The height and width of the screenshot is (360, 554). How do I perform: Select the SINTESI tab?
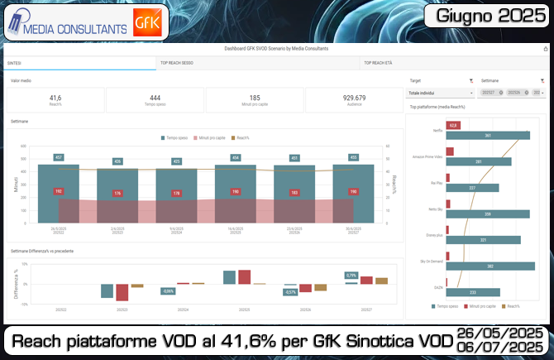(15, 63)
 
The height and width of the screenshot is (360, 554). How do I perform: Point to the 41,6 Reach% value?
(55, 98)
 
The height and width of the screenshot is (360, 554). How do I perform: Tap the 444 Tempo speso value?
(155, 98)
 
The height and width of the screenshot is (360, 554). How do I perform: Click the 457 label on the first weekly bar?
(59, 157)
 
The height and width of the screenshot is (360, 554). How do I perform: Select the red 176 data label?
(117, 194)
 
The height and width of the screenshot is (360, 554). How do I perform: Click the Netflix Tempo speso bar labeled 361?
(488, 135)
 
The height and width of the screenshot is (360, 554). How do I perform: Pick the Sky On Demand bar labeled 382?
(490, 266)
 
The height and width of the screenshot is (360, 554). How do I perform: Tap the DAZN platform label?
(437, 287)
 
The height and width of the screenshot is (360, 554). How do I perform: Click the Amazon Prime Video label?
(430, 156)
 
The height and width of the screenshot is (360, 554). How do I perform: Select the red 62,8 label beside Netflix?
(453, 125)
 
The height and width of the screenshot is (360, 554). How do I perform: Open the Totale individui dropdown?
(441, 93)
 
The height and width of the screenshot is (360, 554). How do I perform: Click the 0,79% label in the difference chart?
(351, 275)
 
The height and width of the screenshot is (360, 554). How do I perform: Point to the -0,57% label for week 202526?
(291, 291)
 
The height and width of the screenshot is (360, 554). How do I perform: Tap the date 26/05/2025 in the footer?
(500, 333)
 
